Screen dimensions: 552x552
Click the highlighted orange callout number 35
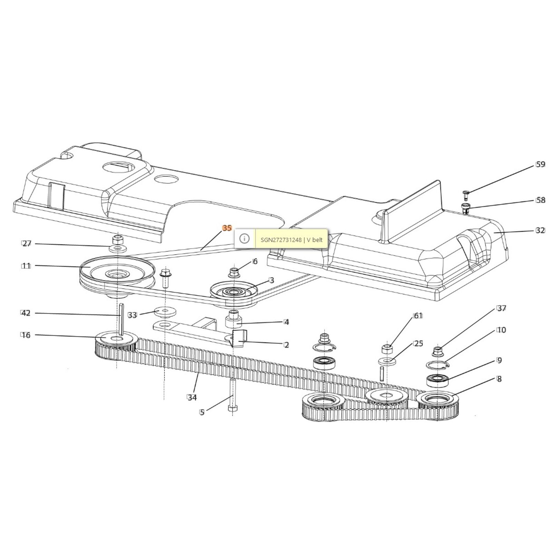coord(227,228)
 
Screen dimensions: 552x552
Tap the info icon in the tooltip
coord(244,238)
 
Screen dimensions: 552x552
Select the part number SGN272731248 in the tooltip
coord(281,239)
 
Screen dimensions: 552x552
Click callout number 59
coord(540,165)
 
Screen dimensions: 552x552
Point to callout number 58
coord(540,200)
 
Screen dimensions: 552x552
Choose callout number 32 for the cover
coord(540,230)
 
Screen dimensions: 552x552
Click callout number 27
coord(27,244)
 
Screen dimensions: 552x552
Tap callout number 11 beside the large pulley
coord(26,266)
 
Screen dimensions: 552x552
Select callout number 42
coord(26,313)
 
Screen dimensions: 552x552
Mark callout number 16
coord(26,335)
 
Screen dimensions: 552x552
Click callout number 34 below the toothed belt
coord(192,397)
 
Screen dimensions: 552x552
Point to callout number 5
coord(202,412)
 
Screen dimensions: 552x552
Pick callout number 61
coord(418,316)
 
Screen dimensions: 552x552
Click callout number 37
coord(501,308)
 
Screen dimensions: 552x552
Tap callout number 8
coord(499,379)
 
